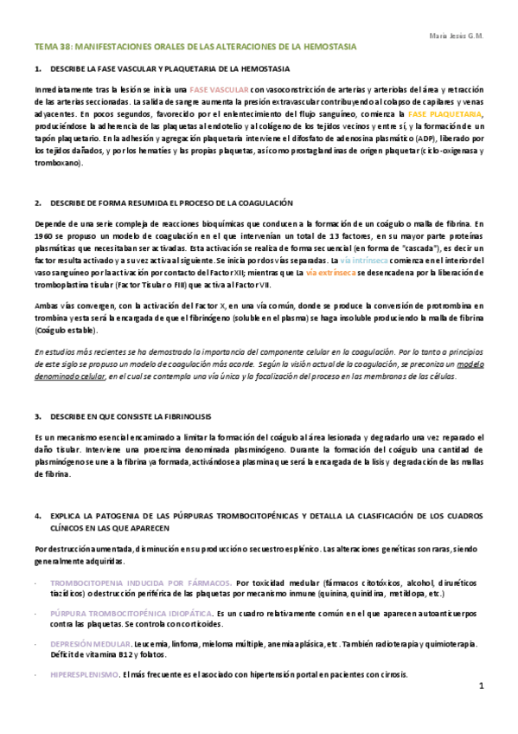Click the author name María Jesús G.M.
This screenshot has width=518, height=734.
coord(457,35)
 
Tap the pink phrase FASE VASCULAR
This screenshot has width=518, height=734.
coord(220,89)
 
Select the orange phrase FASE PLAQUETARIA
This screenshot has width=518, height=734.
coord(445,114)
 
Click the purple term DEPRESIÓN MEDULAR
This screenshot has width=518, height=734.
coord(90,644)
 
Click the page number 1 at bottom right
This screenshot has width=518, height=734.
coord(482,686)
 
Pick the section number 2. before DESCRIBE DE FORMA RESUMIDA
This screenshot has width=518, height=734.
coord(38,203)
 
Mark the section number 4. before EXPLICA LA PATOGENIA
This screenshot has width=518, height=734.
coord(38,516)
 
